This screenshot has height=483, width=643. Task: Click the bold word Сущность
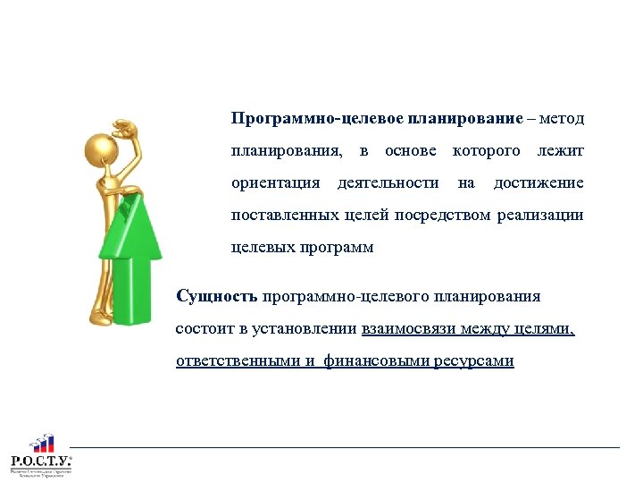pyautogui.click(x=217, y=296)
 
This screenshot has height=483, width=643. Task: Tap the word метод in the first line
pyautogui.click(x=563, y=119)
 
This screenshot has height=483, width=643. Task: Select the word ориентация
pyautogui.click(x=275, y=183)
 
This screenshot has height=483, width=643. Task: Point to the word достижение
pyautogui.click(x=539, y=183)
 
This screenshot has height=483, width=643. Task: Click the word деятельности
pyautogui.click(x=388, y=183)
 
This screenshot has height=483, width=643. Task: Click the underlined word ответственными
pyautogui.click(x=236, y=361)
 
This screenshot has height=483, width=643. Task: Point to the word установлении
pyautogui.click(x=304, y=329)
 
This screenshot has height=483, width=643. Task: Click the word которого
pyautogui.click(x=487, y=151)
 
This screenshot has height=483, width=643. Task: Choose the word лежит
pyautogui.click(x=560, y=151)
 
